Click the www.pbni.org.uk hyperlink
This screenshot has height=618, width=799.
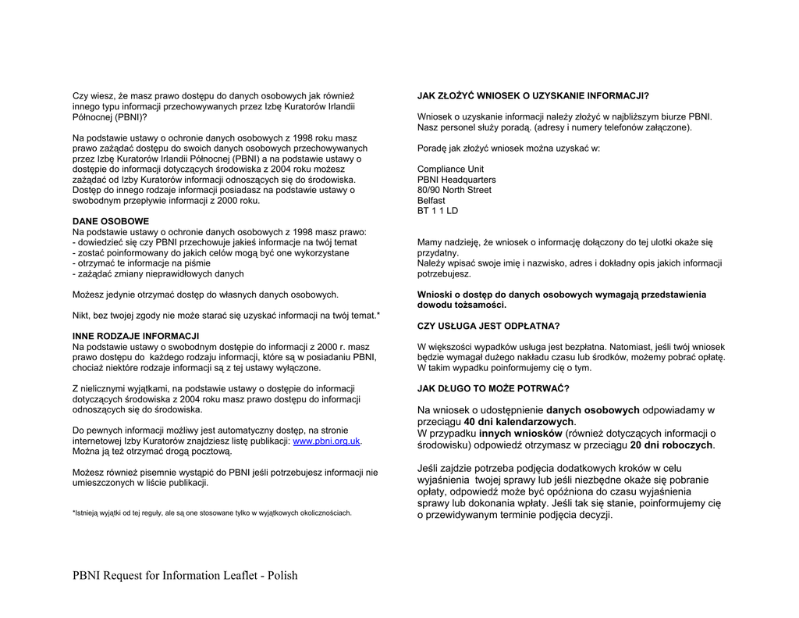(326, 441)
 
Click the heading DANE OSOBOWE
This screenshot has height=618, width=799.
(111, 221)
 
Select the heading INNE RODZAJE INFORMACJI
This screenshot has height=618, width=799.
(136, 336)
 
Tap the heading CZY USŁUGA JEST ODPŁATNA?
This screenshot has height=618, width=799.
(488, 326)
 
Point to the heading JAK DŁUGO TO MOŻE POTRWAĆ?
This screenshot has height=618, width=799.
(493, 388)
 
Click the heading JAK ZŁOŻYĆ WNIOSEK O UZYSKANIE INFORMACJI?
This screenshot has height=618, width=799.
(533, 96)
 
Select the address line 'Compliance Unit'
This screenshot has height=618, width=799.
(450, 169)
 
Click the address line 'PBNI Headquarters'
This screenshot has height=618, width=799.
(456, 180)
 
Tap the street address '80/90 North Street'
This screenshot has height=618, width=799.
(454, 190)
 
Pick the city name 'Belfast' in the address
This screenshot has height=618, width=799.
(431, 201)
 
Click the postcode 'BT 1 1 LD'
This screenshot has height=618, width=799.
(438, 211)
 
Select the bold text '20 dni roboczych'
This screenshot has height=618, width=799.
(672, 445)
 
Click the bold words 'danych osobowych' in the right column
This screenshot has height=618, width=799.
(592, 410)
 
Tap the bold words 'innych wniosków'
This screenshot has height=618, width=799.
(520, 434)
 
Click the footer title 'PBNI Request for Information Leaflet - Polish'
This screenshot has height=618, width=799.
(185, 576)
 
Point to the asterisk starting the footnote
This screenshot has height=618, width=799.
(74, 513)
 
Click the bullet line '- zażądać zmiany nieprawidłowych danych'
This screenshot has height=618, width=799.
(158, 274)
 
